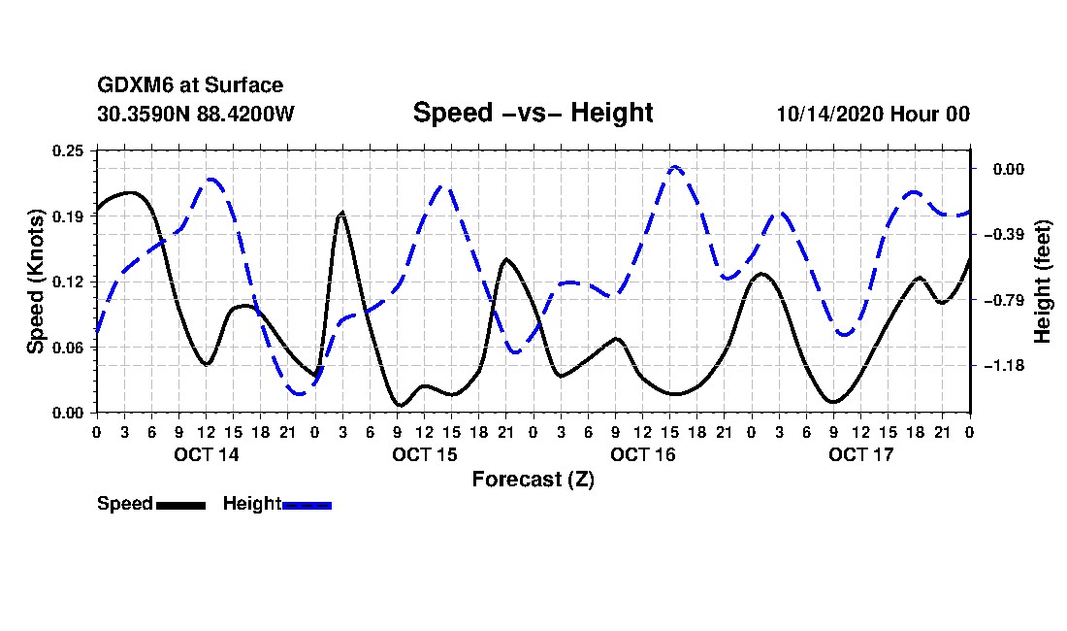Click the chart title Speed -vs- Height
point(533,113)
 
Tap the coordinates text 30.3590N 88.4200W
point(196,114)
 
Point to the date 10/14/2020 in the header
point(830,114)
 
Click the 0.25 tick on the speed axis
point(68,150)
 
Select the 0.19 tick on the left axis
point(68,216)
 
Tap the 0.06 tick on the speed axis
point(68,348)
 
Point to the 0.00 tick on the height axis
point(1009,170)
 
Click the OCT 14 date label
point(207,454)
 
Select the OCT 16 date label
point(642,454)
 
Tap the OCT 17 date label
point(860,454)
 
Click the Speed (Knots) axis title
point(35,282)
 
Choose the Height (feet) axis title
point(1043,282)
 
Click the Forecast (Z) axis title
point(533,480)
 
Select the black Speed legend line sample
point(181,505)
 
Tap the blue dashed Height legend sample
point(307,505)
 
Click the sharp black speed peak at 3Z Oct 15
point(341,213)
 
